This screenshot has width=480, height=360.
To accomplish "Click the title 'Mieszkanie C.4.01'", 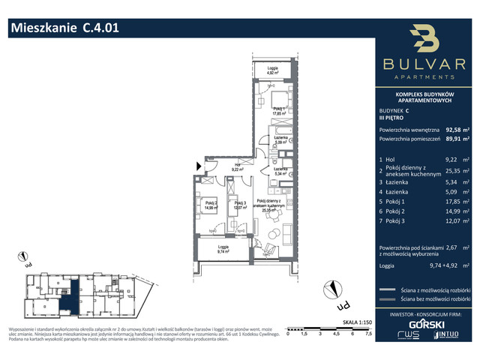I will click(64, 28).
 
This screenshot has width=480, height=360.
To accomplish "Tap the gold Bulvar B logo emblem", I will click(425, 43).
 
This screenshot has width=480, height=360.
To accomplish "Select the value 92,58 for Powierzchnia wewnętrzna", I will click(453, 128).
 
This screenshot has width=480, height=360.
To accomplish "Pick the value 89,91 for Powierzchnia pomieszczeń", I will click(453, 139).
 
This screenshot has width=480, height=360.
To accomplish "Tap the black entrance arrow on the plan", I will click(199, 166).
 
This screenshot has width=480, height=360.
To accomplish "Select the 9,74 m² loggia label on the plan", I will click(223, 251).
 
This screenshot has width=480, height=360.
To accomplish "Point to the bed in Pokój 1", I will click(279, 100).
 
